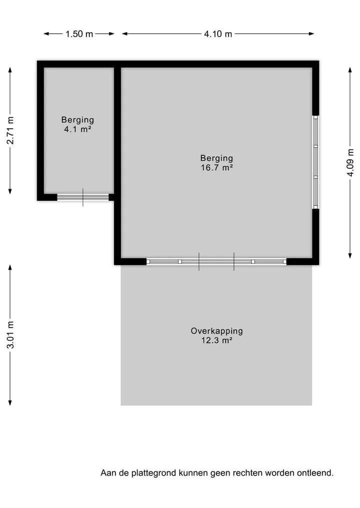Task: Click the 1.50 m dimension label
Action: click(79, 33)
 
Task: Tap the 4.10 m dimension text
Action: click(218, 33)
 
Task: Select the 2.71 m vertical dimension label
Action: click(10, 130)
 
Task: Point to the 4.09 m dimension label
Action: click(350, 162)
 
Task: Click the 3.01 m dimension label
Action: click(10, 335)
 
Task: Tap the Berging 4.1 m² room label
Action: click(78, 124)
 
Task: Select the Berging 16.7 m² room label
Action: click(216, 163)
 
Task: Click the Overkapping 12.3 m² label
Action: click(216, 335)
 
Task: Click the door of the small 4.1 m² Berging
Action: click(83, 197)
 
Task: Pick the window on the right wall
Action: click(315, 162)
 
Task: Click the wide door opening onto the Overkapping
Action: click(216, 261)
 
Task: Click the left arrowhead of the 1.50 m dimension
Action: click(46, 33)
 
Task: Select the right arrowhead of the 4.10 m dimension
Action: click(311, 33)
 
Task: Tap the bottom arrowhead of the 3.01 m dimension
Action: click(10, 403)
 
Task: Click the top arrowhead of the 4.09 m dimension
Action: click(350, 70)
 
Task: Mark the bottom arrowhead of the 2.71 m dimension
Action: click(10, 191)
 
